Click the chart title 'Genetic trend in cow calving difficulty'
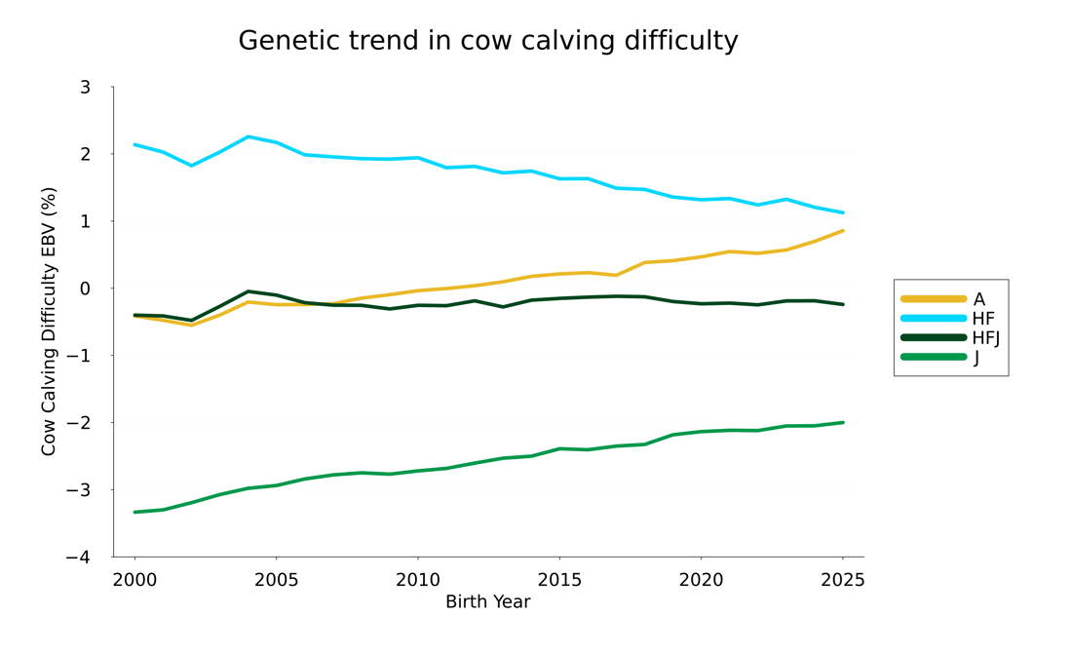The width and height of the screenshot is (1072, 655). (x=488, y=41)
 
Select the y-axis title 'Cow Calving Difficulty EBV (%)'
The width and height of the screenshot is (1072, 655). (x=49, y=321)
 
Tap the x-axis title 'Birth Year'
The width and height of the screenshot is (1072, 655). (x=487, y=602)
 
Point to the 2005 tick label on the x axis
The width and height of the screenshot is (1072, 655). (x=276, y=580)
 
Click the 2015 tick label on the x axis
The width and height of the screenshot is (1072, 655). (x=559, y=580)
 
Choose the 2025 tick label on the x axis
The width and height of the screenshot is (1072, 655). (x=843, y=580)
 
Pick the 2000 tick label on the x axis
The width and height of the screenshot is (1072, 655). (x=134, y=580)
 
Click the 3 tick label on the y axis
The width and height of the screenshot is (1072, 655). (x=85, y=88)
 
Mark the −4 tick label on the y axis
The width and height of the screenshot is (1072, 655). (x=78, y=557)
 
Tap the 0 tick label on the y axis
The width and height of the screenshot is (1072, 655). (x=85, y=289)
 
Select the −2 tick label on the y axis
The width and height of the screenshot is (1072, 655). (x=78, y=423)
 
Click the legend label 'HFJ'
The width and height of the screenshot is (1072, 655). (x=986, y=338)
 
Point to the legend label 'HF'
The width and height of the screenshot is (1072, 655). (x=983, y=319)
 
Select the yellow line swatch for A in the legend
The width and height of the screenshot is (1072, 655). (x=934, y=299)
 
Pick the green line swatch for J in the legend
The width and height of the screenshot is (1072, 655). (x=934, y=357)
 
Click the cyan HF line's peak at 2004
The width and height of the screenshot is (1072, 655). (x=248, y=136)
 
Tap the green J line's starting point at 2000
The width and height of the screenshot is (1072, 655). (x=134, y=512)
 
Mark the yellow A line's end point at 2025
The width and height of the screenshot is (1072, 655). (x=843, y=231)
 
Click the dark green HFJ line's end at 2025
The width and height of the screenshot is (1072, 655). (x=843, y=304)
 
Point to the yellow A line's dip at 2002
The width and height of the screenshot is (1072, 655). (x=191, y=325)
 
